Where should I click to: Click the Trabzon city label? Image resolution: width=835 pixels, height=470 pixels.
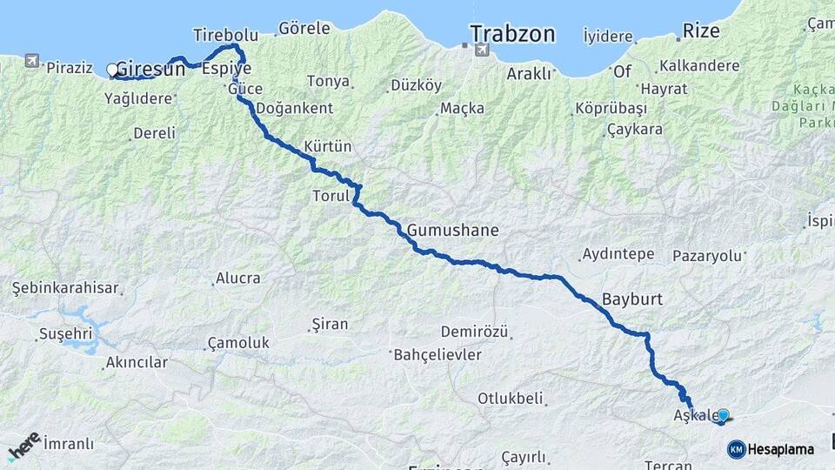[512, 34]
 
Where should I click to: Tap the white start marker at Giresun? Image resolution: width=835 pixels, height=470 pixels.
[112, 70]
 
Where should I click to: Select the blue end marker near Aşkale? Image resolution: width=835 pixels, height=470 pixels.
[723, 415]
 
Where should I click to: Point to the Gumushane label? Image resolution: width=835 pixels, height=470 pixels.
[452, 231]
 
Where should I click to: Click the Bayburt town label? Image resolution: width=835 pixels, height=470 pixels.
[632, 299]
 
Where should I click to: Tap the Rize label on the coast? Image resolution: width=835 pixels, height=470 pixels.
[701, 31]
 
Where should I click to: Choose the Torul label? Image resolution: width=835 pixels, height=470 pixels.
[331, 196]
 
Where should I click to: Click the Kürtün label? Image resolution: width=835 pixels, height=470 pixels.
[327, 145]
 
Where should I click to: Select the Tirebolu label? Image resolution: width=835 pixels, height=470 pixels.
[225, 35]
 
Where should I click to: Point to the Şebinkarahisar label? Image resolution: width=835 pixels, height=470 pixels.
[64, 287]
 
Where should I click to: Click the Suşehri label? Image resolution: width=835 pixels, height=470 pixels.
[64, 334]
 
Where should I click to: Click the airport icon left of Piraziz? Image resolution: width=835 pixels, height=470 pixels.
[32, 61]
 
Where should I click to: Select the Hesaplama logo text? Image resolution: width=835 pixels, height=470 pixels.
[780, 449]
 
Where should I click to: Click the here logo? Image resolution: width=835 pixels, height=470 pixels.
[23, 446]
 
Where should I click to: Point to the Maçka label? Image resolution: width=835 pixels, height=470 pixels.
[462, 109]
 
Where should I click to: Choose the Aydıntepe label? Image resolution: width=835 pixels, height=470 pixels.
[618, 254]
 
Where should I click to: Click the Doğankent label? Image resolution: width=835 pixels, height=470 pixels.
[294, 109]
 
